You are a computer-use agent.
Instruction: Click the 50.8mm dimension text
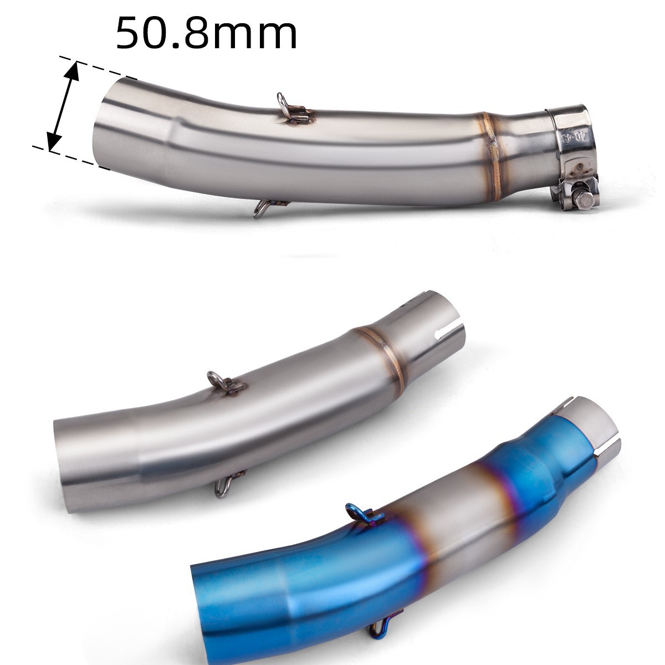pos(206,34)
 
